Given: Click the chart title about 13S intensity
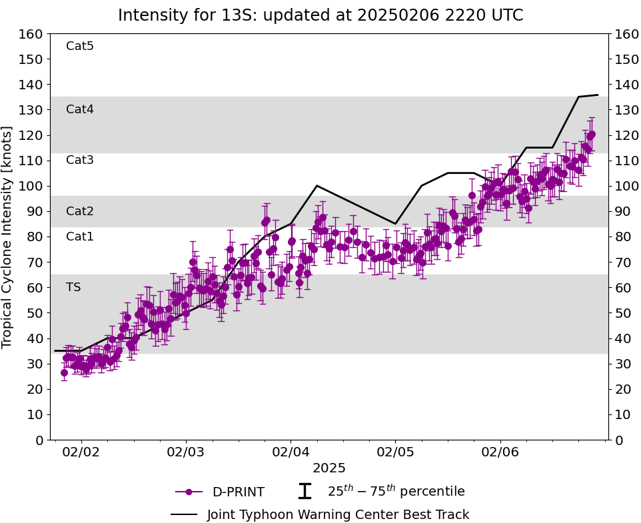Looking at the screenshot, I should (320, 15).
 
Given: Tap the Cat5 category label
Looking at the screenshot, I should (80, 46).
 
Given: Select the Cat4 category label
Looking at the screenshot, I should (80, 109).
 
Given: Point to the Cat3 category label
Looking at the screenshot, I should (80, 160).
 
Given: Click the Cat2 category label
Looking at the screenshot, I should (80, 211).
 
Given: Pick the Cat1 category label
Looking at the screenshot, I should (80, 237).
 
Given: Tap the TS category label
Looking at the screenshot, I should (73, 287).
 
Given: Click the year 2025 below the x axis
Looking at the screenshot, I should (329, 468).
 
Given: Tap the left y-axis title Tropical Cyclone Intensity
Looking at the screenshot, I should (7, 237).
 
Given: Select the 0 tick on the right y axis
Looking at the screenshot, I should (617, 440).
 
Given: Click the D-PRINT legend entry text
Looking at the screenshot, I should (238, 492).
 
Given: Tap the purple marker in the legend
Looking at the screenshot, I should (189, 492).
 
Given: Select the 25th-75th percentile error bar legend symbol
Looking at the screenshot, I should (305, 492).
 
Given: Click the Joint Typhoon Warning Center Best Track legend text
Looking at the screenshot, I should (338, 514).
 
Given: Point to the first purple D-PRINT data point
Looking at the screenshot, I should (64, 372).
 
